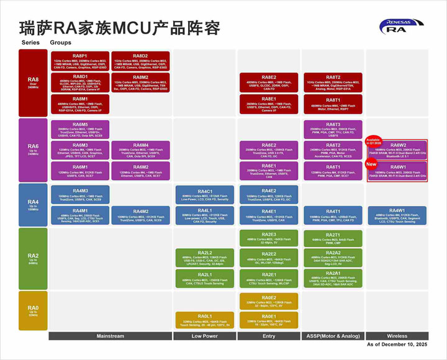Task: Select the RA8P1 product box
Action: (x=80, y=61)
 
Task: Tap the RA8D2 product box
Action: (x=140, y=61)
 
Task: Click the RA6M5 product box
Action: (x=80, y=129)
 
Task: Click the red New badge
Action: (x=371, y=164)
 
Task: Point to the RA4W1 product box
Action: (x=397, y=215)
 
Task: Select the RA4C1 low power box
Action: (x=205, y=195)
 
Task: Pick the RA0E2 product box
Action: (x=269, y=301)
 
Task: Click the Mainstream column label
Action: (x=110, y=336)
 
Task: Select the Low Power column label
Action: (x=205, y=336)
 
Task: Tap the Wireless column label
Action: (x=397, y=336)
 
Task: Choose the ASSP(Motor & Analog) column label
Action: (x=333, y=336)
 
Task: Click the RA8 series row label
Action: (x=33, y=83)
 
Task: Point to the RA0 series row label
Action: (x=33, y=311)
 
